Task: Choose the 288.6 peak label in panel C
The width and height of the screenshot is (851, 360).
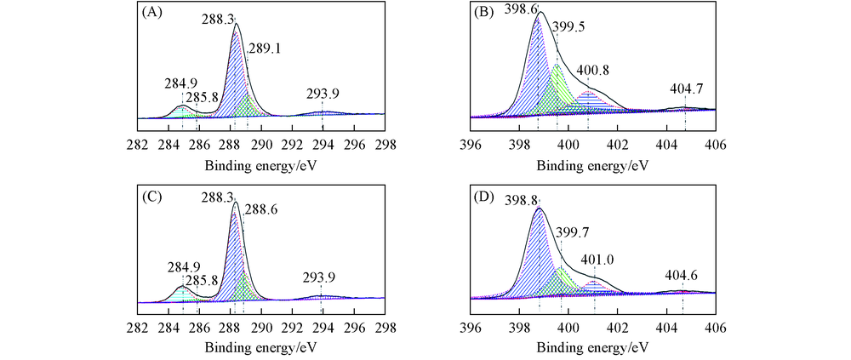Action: (x=260, y=208)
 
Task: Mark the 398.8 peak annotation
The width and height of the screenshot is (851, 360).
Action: (x=520, y=200)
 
